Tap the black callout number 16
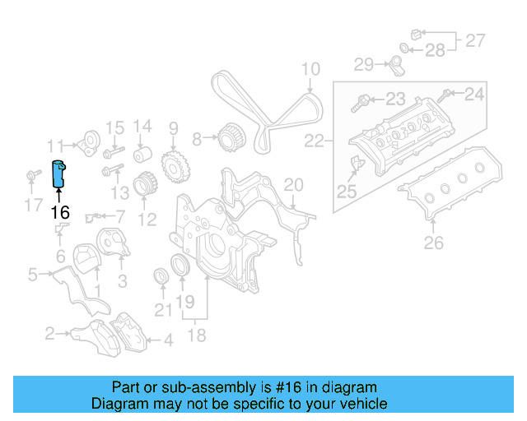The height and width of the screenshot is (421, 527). point(59,212)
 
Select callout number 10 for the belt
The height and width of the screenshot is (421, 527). point(310,69)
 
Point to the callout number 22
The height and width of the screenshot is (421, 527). point(314,141)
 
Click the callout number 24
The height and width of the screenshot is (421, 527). point(474,95)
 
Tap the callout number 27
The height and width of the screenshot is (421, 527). point(476,39)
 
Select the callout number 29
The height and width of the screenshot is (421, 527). point(364,63)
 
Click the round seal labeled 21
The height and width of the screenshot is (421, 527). point(161,274)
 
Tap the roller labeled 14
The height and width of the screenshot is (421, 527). point(142,156)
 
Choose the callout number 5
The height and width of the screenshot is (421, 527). point(32,275)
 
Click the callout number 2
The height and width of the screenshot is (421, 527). point(49,333)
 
